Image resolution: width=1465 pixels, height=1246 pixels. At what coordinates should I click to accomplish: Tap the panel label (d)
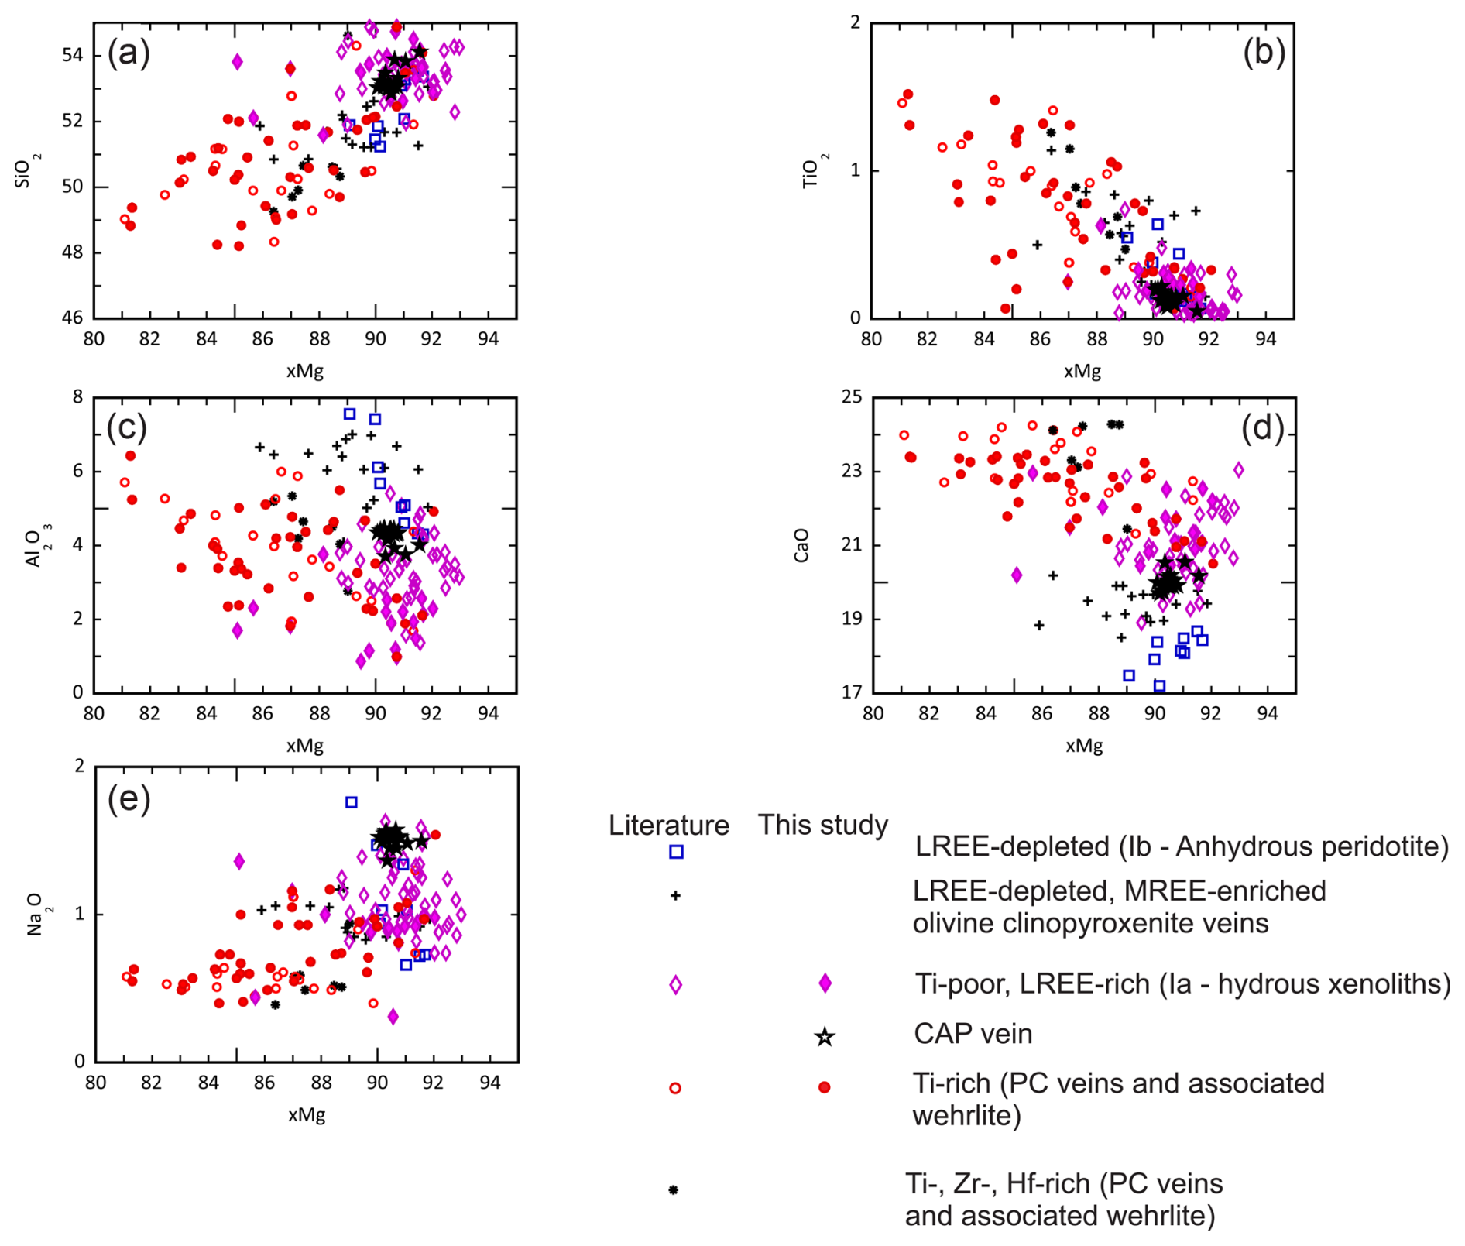click(x=1263, y=427)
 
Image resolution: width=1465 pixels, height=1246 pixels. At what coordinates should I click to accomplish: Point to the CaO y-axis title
click(x=801, y=545)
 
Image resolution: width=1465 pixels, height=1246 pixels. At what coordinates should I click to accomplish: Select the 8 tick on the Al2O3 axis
click(x=77, y=397)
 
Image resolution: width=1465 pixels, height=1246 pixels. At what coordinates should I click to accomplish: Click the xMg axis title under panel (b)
click(x=1082, y=371)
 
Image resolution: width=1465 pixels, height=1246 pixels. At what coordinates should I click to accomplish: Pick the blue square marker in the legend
click(x=676, y=852)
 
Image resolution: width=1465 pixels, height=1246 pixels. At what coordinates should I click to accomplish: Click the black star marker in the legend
click(x=825, y=1036)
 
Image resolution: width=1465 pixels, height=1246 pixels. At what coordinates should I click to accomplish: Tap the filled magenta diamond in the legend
click(x=825, y=983)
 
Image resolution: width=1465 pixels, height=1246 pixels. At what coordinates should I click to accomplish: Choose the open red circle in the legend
click(x=675, y=1088)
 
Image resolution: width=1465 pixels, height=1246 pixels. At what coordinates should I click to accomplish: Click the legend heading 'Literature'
click(x=668, y=825)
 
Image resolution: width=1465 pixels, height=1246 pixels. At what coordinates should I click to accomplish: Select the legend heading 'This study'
click(x=822, y=825)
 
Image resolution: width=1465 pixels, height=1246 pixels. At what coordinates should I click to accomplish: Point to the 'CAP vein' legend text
click(x=973, y=1034)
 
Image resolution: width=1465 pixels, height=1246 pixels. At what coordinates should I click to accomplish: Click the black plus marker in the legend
click(x=675, y=895)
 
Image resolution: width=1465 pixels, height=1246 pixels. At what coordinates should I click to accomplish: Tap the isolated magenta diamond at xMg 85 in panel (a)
click(x=237, y=61)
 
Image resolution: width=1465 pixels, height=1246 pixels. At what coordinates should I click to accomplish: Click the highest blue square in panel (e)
click(x=352, y=802)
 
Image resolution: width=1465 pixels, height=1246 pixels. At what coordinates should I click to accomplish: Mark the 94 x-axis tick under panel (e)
click(x=490, y=1083)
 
